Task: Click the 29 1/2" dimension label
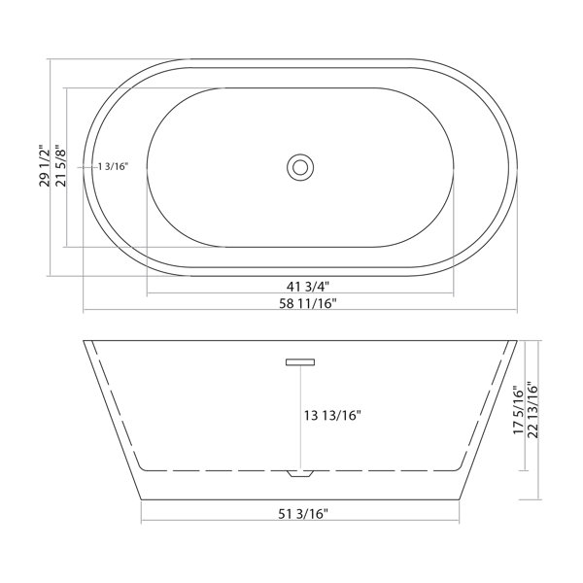coord(45,165)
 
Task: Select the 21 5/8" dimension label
coord(60,165)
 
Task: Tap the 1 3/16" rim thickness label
coord(114,166)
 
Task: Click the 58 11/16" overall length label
coord(308,303)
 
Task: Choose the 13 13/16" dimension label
coord(332,415)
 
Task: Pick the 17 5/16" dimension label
coord(518,410)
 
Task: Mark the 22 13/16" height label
coord(532,410)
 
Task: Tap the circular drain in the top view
coord(300,167)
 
